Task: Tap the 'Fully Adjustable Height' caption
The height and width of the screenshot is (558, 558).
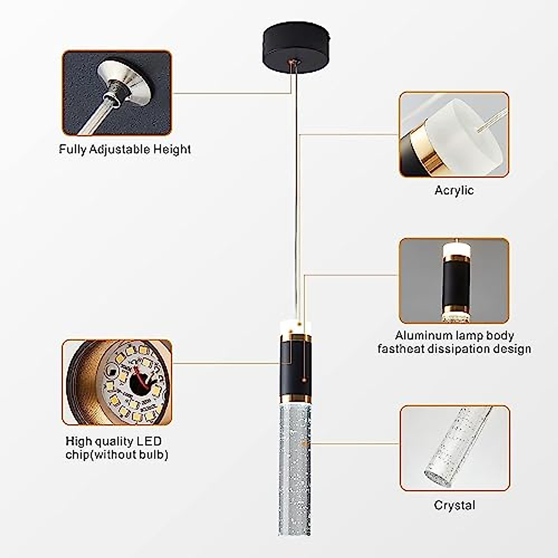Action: coord(125,149)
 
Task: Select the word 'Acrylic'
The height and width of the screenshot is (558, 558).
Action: coord(454,190)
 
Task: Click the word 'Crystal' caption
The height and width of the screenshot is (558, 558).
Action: coord(454,505)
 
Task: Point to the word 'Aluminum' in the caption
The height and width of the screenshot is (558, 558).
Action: coord(423,336)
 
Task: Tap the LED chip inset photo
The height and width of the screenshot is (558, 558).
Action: coord(117,382)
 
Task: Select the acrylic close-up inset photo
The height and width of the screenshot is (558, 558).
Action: coord(454,134)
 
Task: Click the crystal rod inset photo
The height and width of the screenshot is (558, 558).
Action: coord(454,448)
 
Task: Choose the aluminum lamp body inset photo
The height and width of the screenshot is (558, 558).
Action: coord(454,280)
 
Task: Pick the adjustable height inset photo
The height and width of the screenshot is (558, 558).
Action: coord(117,93)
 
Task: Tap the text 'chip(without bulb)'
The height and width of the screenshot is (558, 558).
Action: coord(117,454)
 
